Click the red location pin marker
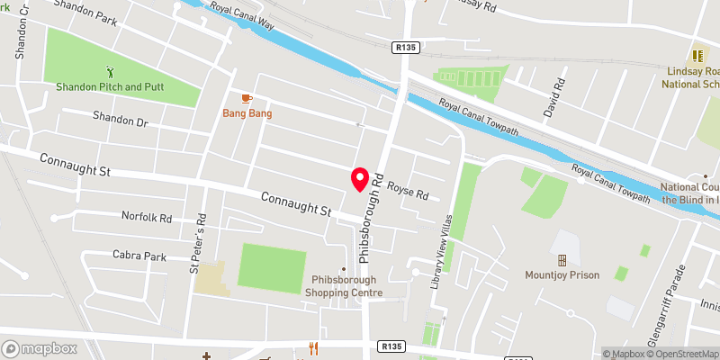[360, 180]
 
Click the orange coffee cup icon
[247, 98]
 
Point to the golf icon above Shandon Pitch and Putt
[111, 71]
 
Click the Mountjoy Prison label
[563, 275]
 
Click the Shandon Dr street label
[122, 118]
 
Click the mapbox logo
[39, 348]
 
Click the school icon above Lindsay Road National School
[697, 55]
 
